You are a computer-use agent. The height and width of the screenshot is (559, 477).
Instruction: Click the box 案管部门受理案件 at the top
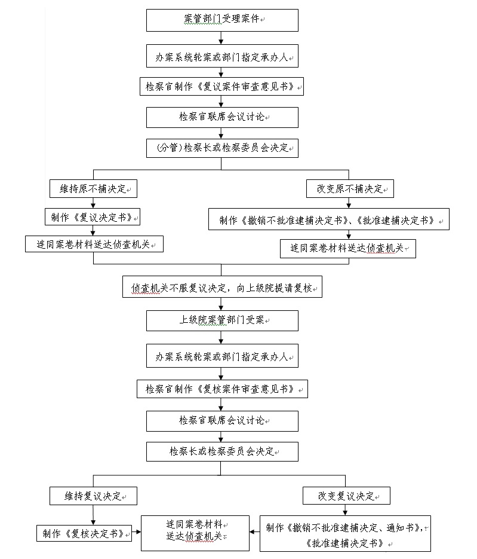point(222,20)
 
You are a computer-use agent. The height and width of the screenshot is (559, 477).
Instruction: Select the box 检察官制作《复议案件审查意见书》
point(221,86)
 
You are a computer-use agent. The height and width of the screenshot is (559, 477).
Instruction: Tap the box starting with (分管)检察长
point(222,148)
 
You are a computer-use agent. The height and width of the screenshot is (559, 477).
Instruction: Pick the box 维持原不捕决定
point(93,188)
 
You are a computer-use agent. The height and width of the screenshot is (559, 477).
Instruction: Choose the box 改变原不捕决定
point(350,188)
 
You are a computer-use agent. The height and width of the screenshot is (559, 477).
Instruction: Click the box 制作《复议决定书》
point(92,217)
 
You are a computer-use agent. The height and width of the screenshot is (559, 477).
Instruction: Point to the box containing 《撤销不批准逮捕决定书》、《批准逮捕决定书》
point(328,219)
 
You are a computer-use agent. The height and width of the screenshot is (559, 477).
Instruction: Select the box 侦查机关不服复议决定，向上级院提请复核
point(222,286)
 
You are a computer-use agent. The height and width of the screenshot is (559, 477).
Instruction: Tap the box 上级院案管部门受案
point(222,321)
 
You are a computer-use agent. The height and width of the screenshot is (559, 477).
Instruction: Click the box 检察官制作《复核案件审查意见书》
point(222,389)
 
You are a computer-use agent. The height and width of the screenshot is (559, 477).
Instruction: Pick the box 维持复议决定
point(93,496)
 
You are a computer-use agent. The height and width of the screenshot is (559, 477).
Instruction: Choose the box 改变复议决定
point(346,496)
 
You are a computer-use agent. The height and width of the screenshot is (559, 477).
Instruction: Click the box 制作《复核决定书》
point(84,533)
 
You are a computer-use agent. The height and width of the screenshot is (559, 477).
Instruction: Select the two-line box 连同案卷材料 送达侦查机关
point(195,533)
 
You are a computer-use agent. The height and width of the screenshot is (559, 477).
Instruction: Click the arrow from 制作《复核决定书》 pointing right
point(136,532)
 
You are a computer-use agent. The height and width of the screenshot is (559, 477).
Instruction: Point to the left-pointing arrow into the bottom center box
point(254,532)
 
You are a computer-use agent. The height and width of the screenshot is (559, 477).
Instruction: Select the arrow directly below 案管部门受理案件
point(221,38)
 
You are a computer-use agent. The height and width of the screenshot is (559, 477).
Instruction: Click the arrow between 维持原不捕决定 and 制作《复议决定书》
point(93,203)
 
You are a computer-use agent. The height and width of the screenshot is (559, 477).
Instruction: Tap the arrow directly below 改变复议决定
point(345,510)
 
